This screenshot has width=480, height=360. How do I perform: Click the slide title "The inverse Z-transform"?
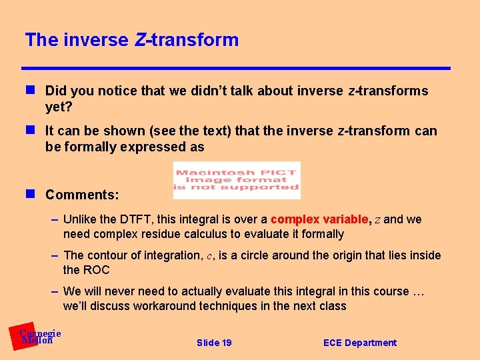[x=131, y=40]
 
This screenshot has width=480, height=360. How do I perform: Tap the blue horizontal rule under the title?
[x=236, y=68]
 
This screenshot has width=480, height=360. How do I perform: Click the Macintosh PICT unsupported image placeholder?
[x=237, y=180]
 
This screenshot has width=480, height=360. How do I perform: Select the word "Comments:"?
[x=82, y=195]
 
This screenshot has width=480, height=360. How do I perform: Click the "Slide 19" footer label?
[x=214, y=343]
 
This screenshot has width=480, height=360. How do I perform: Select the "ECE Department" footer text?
[x=359, y=343]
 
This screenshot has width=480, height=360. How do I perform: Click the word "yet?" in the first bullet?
[x=59, y=107]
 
